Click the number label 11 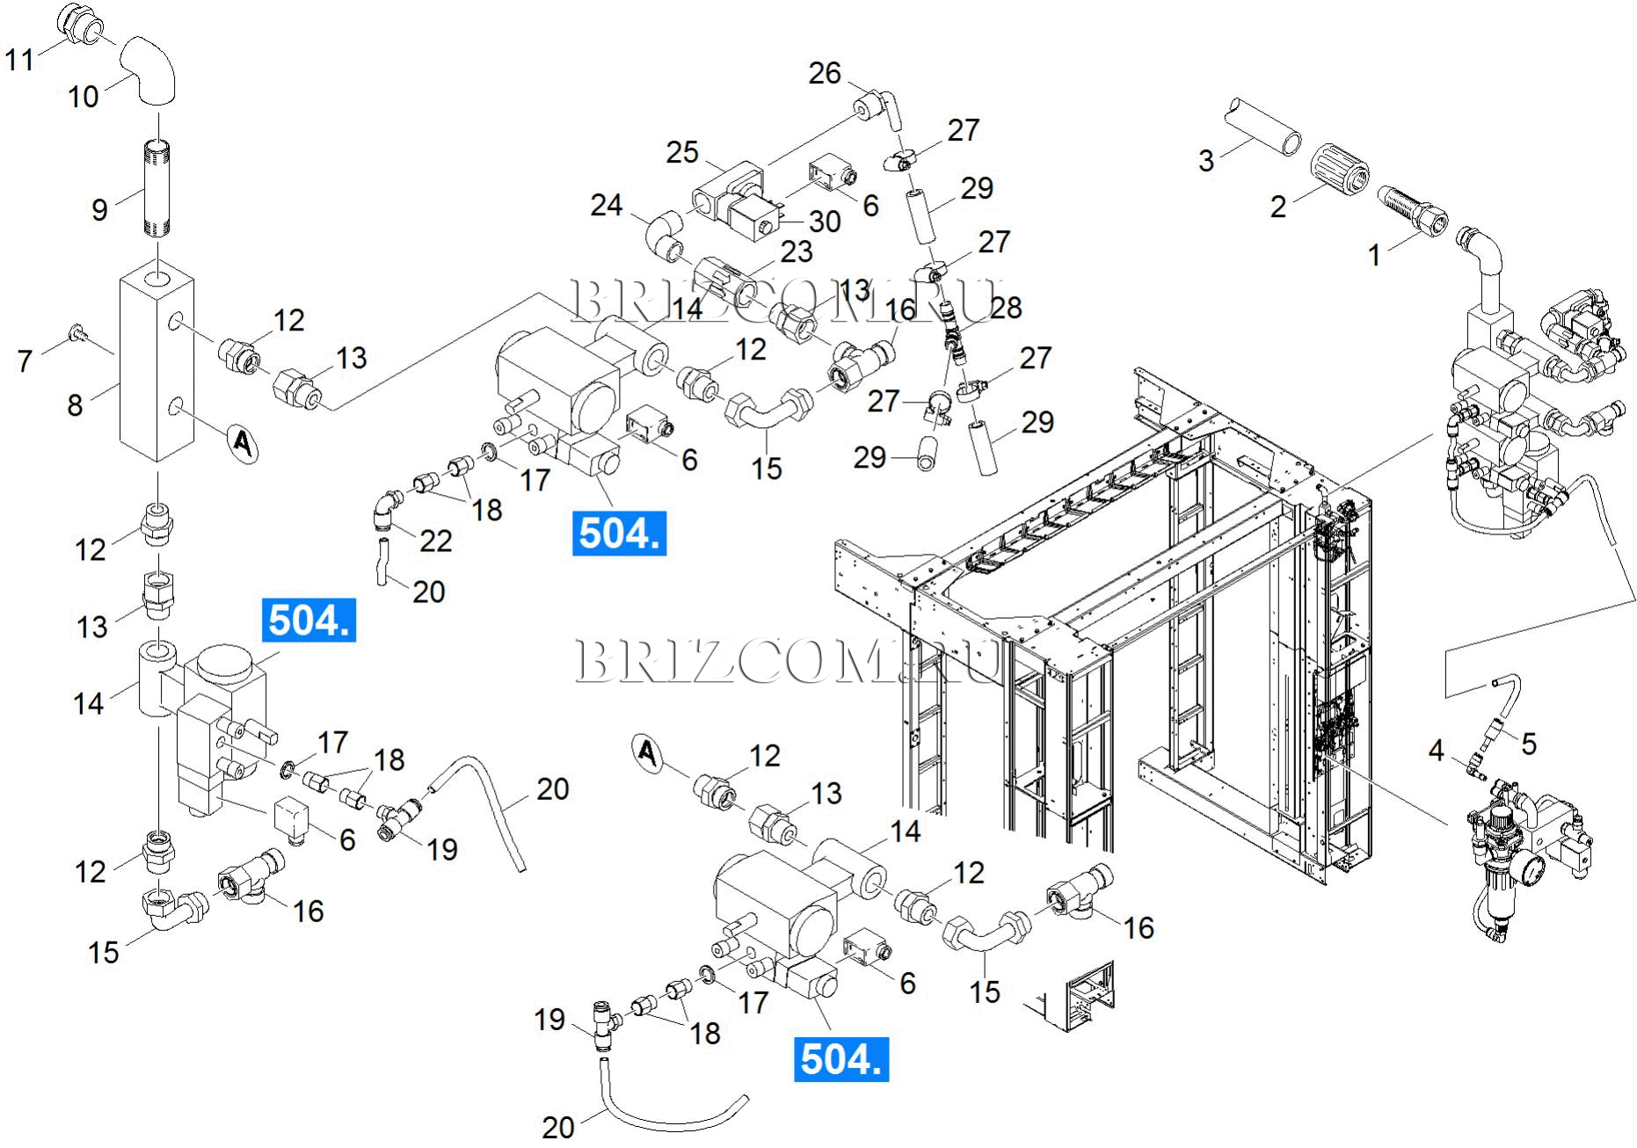click(x=19, y=60)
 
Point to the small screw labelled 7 click(x=76, y=332)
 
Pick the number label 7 click(x=25, y=360)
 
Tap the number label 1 click(x=1374, y=255)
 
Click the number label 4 click(x=1436, y=751)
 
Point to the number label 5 click(x=1529, y=744)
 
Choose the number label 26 click(x=825, y=73)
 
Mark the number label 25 click(x=681, y=152)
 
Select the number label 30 click(x=825, y=222)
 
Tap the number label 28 click(x=1006, y=308)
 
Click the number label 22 click(x=435, y=541)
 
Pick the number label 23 click(x=797, y=252)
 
